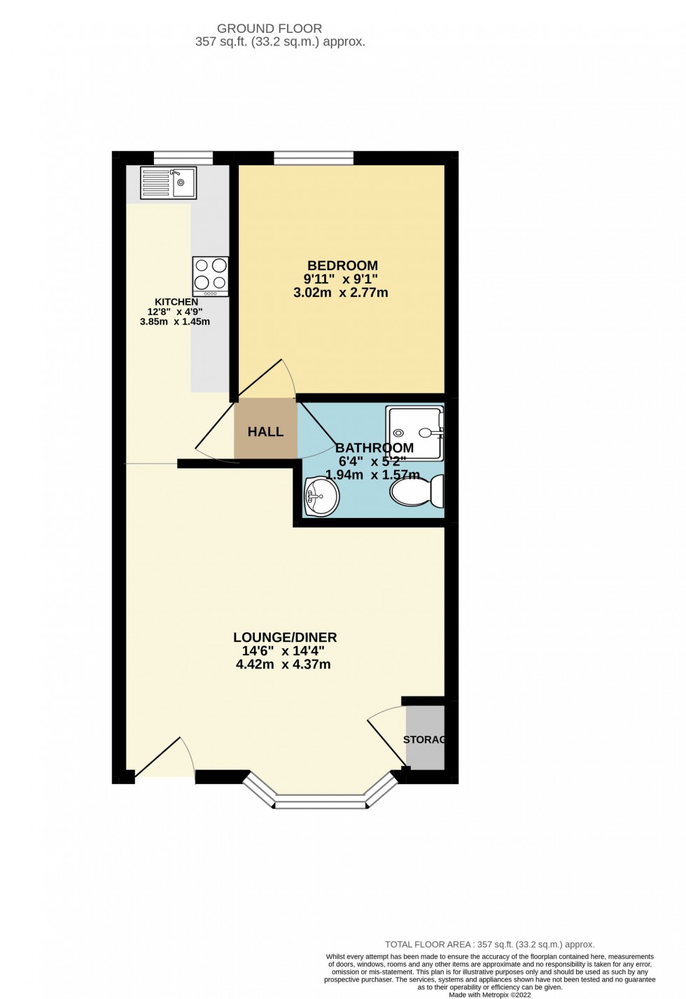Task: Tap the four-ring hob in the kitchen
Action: [x=211, y=275]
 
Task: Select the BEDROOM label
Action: [x=342, y=265]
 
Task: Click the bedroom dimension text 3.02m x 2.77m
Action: [x=340, y=293]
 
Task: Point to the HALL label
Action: [x=265, y=432]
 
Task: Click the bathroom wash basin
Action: [x=321, y=496]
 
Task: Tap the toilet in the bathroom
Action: [x=418, y=491]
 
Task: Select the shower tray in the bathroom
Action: [x=415, y=433]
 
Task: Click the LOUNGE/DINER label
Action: [x=285, y=637]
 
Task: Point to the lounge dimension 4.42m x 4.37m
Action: [x=283, y=664]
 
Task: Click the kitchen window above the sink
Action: [x=183, y=158]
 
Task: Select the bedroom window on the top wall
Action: [x=314, y=158]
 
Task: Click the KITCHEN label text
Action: [x=176, y=302]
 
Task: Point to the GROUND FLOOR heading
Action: [x=269, y=29]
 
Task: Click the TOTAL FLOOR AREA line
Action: [x=489, y=944]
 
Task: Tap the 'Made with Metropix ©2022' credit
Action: [x=489, y=995]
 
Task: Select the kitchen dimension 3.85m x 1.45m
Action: [x=175, y=322]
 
